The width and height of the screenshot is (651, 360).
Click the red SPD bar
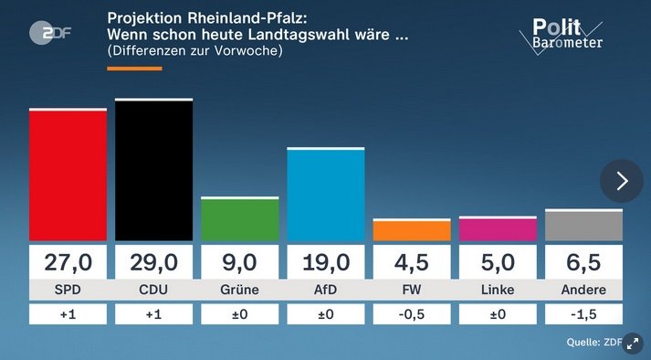pos(68,175)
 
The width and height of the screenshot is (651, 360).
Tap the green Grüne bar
pos(239,219)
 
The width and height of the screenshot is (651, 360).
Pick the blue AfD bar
pos(325,195)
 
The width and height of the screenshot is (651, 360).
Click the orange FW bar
pos(411,230)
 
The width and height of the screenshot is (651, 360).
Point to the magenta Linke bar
pos(497,229)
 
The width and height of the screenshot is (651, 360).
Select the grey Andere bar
pos(583,226)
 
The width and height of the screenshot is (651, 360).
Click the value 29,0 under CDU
pos(153,263)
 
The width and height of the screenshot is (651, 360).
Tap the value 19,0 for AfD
pos(325,263)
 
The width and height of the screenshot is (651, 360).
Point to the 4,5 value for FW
pos(411,263)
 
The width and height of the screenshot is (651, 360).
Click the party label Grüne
pos(239,291)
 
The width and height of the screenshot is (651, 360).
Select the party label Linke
pos(497,291)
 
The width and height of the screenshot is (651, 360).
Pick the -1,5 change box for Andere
pos(583,314)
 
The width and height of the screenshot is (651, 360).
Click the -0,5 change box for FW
pos(411,314)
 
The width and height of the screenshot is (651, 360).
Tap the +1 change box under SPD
pos(68,314)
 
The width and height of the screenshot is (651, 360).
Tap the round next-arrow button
pos(622,181)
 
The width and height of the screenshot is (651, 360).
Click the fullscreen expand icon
pos(632,343)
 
